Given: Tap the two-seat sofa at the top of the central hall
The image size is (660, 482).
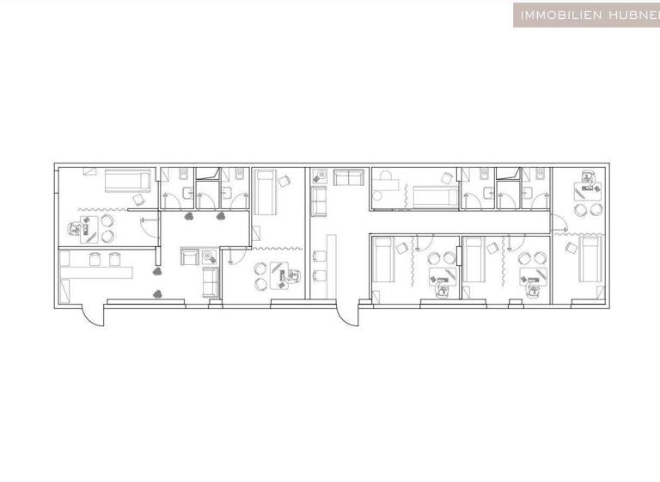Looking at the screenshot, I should pyautogui.click(x=348, y=178).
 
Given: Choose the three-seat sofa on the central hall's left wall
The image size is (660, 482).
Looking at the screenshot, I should pyautogui.click(x=319, y=201).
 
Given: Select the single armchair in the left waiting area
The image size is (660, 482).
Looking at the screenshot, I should pyautogui.click(x=187, y=256).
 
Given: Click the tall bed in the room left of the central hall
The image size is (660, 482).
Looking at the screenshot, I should pyautogui.click(x=266, y=192).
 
